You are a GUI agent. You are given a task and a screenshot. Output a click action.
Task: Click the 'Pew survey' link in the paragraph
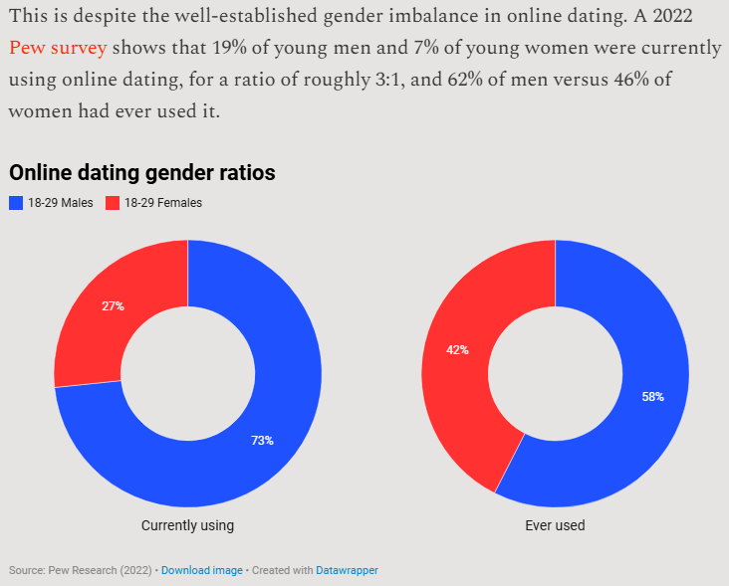pos(57,48)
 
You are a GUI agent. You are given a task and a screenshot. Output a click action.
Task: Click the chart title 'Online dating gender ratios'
pos(142,173)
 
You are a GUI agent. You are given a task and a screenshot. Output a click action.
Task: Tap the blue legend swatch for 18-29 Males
pos(16,203)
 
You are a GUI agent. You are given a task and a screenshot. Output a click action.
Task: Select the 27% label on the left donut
pos(113,306)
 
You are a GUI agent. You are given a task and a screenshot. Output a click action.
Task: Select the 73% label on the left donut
pos(262,440)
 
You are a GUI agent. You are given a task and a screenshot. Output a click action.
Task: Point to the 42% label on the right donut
pos(457,350)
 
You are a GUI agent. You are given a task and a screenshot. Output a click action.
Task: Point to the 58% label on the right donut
pos(652,396)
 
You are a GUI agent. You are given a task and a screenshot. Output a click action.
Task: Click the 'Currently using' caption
pos(187,525)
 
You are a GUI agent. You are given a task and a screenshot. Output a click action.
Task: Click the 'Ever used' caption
pos(555,525)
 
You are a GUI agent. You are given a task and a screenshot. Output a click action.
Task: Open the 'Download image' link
pos(201,570)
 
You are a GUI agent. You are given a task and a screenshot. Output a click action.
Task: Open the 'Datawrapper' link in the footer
pos(347,570)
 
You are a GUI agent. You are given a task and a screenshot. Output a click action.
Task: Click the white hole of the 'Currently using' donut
pos(187,373)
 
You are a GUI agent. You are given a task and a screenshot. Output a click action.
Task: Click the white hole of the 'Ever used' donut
pos(555,373)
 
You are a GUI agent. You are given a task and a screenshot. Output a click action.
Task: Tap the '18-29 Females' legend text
pos(162,203)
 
